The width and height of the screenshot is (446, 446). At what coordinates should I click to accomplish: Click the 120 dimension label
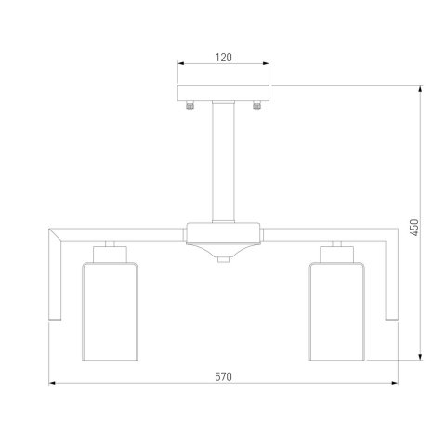coord(223,58)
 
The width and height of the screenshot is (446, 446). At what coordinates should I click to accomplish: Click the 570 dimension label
coord(223,376)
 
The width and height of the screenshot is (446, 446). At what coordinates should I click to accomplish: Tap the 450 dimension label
coord(414,228)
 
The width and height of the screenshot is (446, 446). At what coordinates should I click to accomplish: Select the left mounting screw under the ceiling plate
coord(190,106)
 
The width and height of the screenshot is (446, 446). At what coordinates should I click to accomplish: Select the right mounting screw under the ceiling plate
coord(256,106)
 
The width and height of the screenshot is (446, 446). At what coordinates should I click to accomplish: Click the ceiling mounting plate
coord(223,94)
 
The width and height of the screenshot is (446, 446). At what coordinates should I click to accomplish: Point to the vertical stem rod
coord(223,162)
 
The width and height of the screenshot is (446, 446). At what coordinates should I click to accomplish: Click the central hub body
coord(223,239)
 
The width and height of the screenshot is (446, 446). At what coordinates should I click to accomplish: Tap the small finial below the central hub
coord(223,259)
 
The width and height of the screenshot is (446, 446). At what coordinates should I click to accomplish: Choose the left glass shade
coord(110,311)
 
